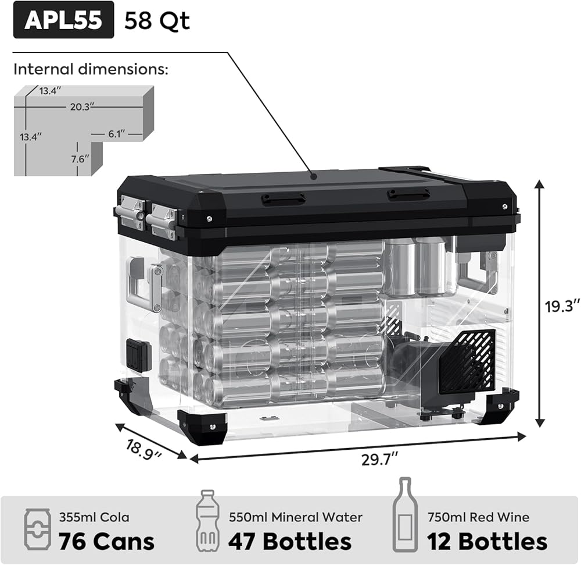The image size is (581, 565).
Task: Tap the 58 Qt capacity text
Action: click(157, 20)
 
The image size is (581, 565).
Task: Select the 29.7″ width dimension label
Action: click(378, 459)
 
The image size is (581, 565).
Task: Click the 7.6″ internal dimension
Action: click(81, 158)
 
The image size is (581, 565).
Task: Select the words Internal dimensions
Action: click(91, 70)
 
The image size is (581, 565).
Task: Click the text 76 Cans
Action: click(106, 541)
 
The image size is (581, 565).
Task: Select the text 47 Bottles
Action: click(289, 541)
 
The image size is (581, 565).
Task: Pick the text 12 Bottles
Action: click(487, 541)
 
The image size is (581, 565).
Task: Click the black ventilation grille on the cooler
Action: click(467, 361)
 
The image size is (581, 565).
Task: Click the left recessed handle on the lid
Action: click(283, 199)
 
